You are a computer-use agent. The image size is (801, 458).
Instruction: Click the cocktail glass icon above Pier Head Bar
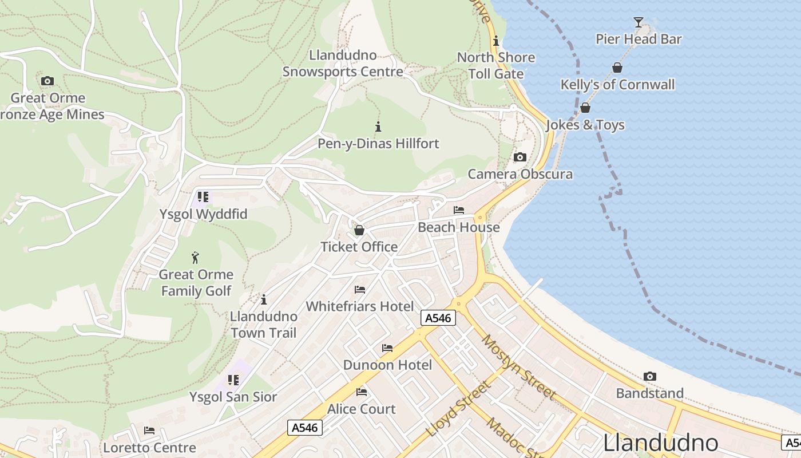click(x=639, y=22)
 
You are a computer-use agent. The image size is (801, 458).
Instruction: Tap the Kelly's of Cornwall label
click(x=617, y=85)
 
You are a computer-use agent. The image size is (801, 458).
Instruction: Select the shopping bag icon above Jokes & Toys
click(x=585, y=108)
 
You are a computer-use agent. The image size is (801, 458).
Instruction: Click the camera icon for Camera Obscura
click(x=520, y=157)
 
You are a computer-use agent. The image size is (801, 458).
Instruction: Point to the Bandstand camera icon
click(x=649, y=376)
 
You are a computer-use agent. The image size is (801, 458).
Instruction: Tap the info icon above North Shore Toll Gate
click(x=496, y=41)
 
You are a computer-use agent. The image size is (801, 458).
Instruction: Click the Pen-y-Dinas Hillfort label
click(x=378, y=144)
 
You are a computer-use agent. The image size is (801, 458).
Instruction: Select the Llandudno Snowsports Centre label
click(x=343, y=64)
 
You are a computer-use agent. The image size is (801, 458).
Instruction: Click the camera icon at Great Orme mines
click(x=47, y=81)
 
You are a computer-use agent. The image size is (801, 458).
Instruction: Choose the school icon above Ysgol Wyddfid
click(x=203, y=197)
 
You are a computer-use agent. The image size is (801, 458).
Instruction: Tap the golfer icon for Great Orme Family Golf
click(x=195, y=258)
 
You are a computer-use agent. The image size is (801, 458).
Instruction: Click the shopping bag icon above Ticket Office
click(x=359, y=230)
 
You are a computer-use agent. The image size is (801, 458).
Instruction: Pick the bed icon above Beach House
click(x=458, y=210)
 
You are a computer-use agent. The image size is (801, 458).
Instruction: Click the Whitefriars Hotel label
click(x=359, y=306)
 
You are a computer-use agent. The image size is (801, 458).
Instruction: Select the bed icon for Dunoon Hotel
click(x=387, y=348)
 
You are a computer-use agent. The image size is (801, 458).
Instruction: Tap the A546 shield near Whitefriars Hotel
click(x=438, y=318)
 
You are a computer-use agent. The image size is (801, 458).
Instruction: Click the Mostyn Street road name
click(x=518, y=367)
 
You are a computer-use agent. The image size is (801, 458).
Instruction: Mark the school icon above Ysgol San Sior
click(x=233, y=380)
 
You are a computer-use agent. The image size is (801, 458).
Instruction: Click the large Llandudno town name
click(x=660, y=443)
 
